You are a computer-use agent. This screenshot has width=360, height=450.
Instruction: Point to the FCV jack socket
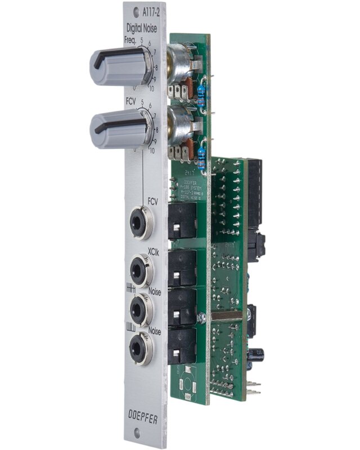(x=142, y=223)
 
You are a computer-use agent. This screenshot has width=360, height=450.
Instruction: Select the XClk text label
(x=154, y=250)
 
